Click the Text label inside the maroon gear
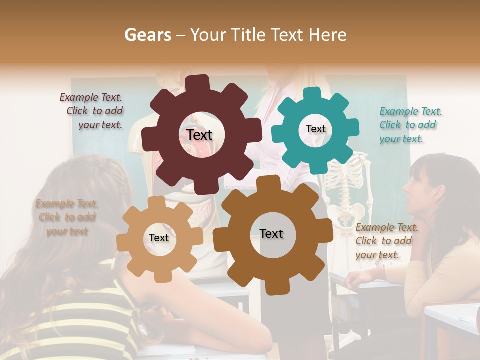pyautogui.click(x=199, y=135)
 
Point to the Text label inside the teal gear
pyautogui.click(x=315, y=129)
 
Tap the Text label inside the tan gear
pyautogui.click(x=159, y=238)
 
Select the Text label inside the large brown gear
pyautogui.click(x=271, y=233)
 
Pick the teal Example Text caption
pyautogui.click(x=410, y=125)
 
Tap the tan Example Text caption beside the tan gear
pyautogui.click(x=66, y=217)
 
